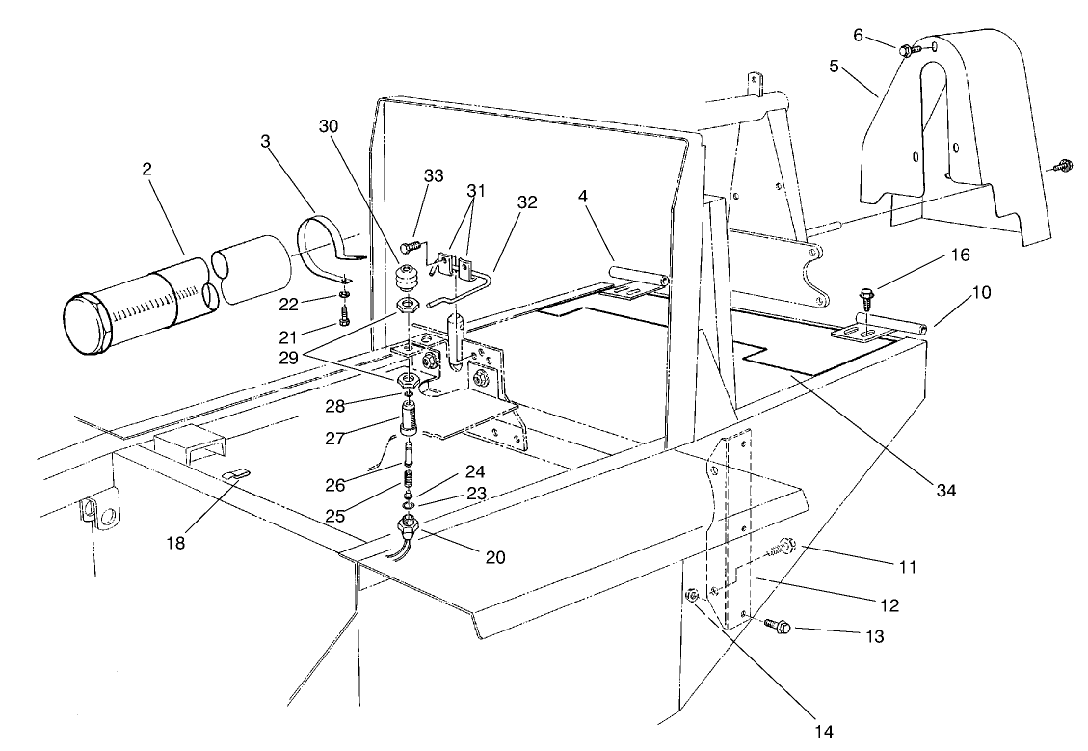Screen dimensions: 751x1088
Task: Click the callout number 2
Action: click(x=146, y=169)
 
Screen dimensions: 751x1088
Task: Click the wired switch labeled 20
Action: click(x=409, y=527)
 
